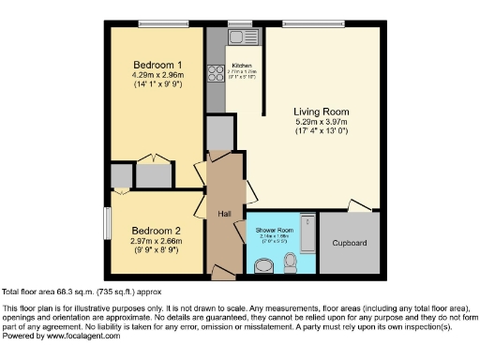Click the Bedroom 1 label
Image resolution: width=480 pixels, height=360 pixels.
click(157, 64)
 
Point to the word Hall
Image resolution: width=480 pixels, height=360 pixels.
click(225, 215)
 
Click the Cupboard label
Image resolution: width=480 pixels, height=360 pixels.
click(350, 244)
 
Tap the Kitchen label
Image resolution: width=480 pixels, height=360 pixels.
click(242, 65)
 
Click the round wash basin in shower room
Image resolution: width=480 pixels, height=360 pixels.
click(263, 264)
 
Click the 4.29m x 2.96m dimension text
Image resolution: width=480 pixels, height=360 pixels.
click(157, 75)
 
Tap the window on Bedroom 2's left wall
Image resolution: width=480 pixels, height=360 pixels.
click(108, 224)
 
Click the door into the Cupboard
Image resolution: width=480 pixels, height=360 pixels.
click(357, 206)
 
